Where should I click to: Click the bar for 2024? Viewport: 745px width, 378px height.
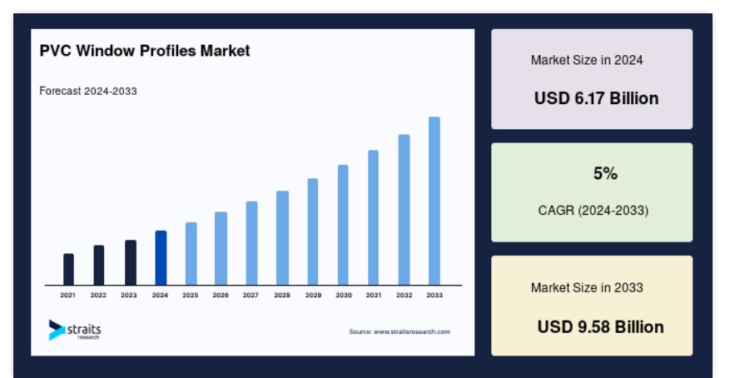coord(161,258)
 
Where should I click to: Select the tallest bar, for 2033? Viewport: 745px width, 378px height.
coord(435,201)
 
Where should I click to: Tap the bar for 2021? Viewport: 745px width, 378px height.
coord(68,269)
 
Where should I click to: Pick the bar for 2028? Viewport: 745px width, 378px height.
coord(282,238)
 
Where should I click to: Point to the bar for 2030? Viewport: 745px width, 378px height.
coord(343,225)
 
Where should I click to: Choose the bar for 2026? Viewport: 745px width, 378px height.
coord(221,248)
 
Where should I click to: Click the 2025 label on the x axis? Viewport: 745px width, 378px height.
coord(190,296)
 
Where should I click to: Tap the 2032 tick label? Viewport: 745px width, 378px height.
coord(405,296)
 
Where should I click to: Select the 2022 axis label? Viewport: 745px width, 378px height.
coord(98,296)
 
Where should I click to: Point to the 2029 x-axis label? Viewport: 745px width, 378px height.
coord(313,296)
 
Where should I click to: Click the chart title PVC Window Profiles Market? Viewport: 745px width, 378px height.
coord(145,51)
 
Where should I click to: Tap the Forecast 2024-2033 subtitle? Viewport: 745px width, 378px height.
coord(88,91)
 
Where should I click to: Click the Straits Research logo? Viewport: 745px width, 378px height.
coord(75,330)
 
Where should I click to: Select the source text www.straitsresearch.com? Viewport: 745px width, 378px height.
coord(411,332)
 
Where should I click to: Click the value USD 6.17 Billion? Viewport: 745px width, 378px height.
coord(596,98)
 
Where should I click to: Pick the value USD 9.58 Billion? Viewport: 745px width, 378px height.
coord(600,327)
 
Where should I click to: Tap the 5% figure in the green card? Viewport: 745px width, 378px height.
coord(605,173)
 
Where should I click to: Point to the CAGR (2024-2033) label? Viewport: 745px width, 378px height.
coord(594,210)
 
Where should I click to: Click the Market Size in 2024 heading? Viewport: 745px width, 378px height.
coord(587,61)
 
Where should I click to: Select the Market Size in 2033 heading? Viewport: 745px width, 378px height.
coord(587,287)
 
